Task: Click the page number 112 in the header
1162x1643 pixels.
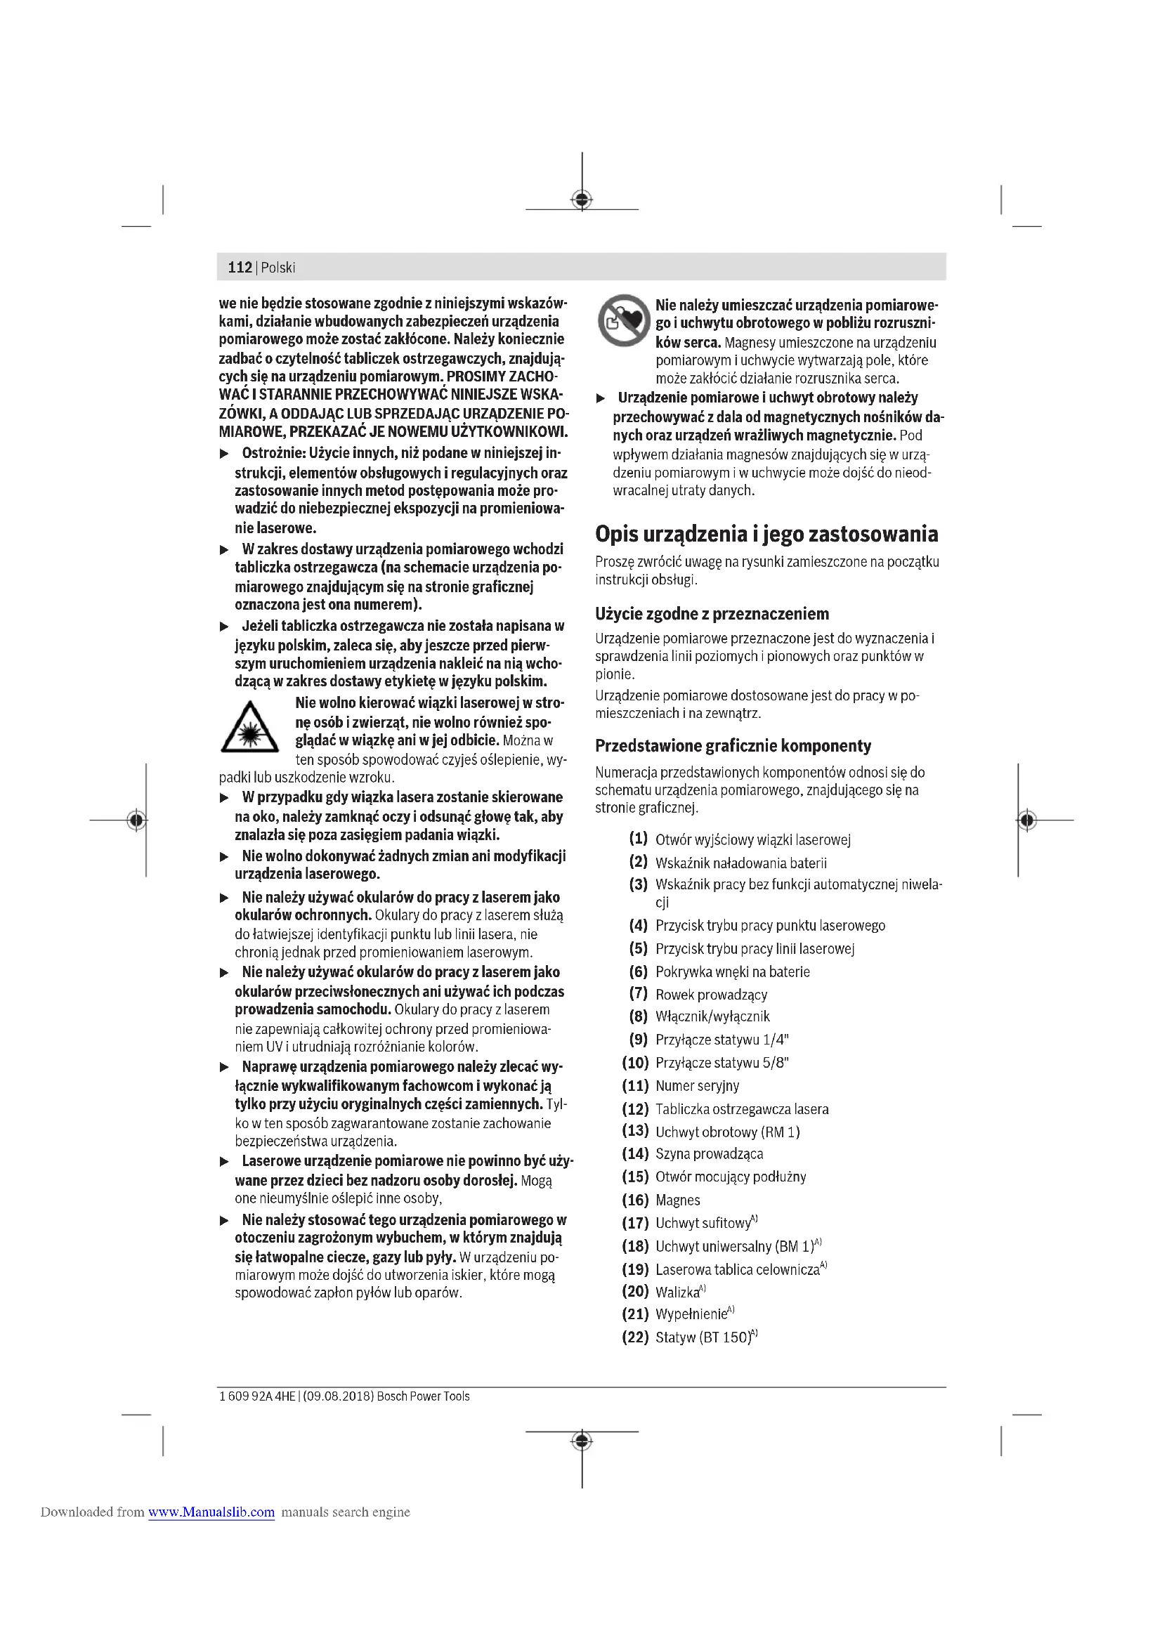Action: (240, 268)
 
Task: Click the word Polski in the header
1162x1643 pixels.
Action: (278, 268)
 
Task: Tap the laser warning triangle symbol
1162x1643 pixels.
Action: (249, 728)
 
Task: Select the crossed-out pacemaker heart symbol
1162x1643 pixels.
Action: (623, 320)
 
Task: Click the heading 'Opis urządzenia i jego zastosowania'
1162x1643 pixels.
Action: (766, 534)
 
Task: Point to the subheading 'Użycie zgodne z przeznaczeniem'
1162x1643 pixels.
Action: (712, 613)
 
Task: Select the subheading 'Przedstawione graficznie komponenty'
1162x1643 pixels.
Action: (733, 746)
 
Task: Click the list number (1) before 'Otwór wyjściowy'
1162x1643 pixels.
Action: (638, 838)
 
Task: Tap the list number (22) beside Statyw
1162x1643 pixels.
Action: (634, 1337)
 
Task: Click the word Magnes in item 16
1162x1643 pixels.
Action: (677, 1200)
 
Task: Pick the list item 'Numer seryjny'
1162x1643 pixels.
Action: (697, 1085)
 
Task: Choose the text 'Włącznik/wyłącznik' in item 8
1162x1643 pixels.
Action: (712, 1016)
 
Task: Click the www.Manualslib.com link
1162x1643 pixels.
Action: (211, 1512)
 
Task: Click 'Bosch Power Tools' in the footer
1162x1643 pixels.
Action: (423, 1396)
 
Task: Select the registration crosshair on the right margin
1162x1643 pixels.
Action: (1026, 819)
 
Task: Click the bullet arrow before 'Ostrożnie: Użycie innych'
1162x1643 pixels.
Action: (224, 454)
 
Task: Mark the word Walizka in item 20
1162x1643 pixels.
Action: (677, 1292)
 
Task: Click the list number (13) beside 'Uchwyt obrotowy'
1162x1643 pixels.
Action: (634, 1131)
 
